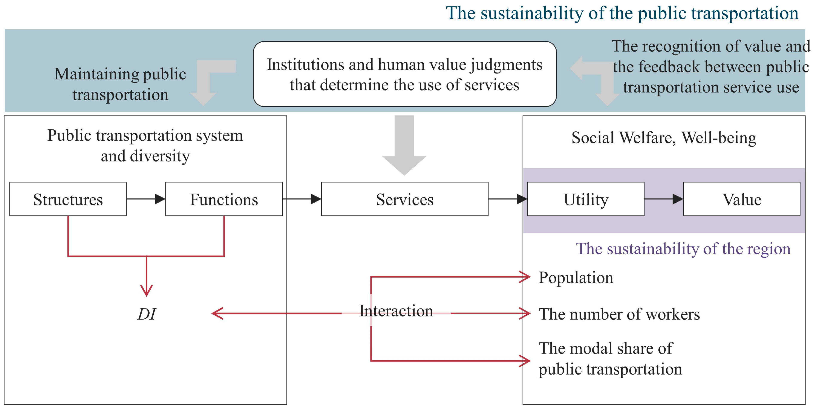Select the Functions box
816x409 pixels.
point(224,199)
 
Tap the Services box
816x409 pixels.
point(404,199)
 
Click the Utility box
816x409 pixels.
point(585,199)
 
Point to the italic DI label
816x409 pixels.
point(146,314)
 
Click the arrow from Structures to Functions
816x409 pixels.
point(146,199)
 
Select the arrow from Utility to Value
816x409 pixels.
point(663,199)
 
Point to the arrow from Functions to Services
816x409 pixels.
point(302,199)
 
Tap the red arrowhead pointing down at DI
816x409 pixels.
point(146,290)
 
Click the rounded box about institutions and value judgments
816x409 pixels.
point(404,74)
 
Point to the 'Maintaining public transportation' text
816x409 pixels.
point(120,84)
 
